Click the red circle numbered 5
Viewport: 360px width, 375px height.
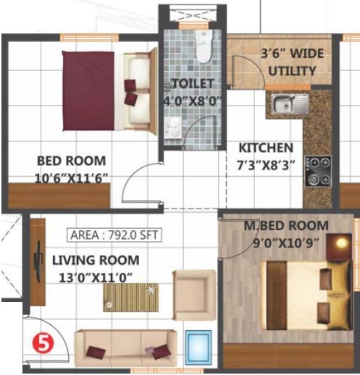tap(43, 344)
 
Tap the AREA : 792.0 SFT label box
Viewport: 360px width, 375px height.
tap(114, 235)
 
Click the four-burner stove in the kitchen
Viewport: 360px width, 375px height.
tap(318, 171)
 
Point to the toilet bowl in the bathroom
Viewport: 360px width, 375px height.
tap(204, 46)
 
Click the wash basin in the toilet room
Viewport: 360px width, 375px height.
tap(173, 128)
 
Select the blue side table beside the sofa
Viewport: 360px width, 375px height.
tap(198, 347)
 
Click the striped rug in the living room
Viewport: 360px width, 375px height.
tap(131, 298)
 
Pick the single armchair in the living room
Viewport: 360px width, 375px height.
tap(194, 295)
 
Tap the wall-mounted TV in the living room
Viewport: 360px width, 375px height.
tap(38, 262)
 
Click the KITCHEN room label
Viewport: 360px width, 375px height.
tap(266, 148)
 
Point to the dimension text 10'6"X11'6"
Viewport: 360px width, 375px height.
tap(71, 179)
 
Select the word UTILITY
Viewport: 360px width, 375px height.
tap(292, 71)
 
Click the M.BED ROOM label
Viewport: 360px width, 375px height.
tap(286, 226)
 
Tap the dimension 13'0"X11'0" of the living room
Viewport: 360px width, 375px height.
tap(96, 277)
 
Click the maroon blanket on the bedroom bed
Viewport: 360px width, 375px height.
tap(88, 91)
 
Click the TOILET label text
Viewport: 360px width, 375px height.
tap(193, 83)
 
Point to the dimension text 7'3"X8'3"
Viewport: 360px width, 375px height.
tap(266, 166)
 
